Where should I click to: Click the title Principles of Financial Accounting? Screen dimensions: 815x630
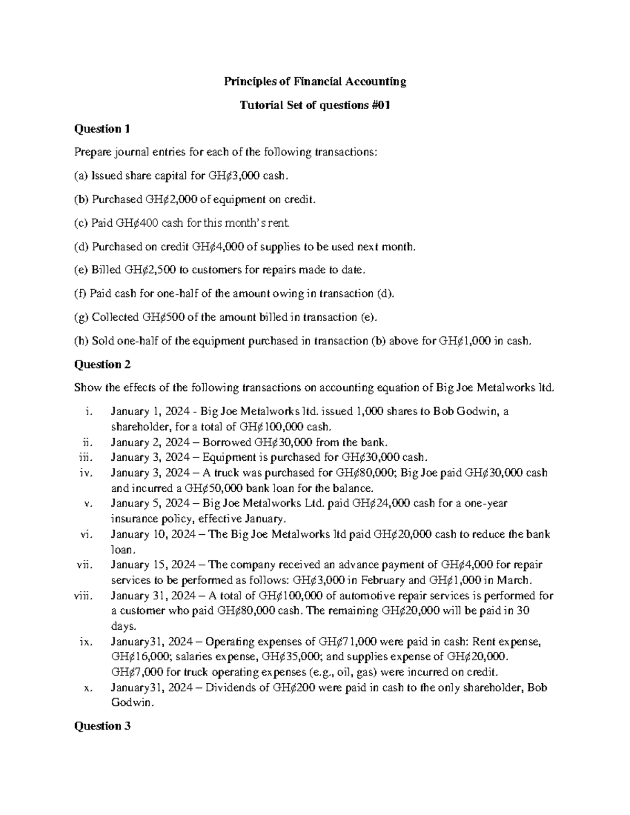coord(315,81)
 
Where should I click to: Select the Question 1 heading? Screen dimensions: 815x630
coord(102,129)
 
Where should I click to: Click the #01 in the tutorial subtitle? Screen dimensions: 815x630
coord(380,105)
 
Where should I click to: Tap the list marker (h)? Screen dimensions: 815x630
coord(81,341)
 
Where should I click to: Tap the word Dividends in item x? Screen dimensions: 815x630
coord(227,688)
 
